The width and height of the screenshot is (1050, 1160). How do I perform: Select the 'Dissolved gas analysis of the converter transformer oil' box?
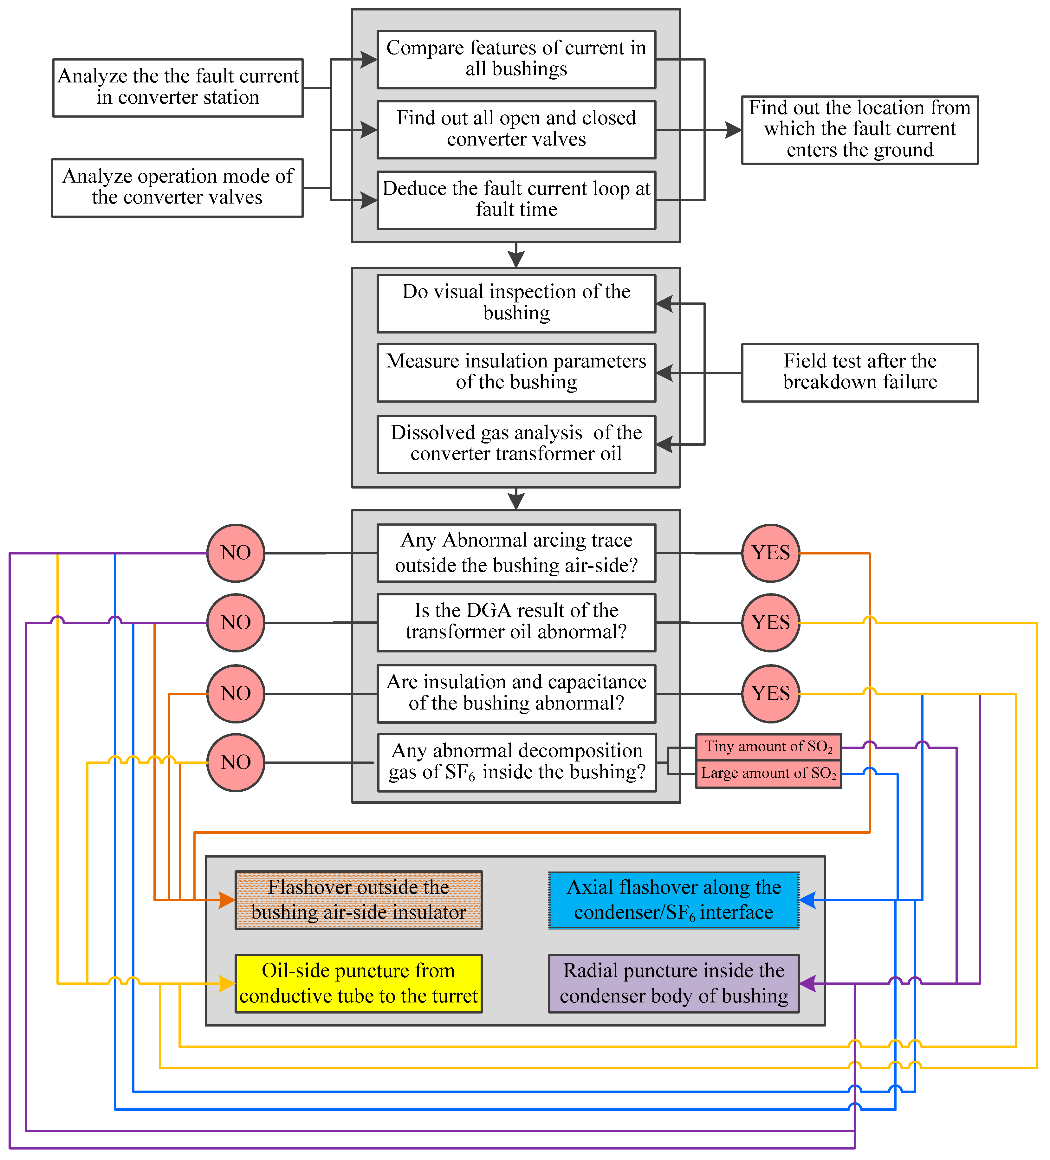[516, 444]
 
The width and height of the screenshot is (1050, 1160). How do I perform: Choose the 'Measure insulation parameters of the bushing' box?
[516, 372]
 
